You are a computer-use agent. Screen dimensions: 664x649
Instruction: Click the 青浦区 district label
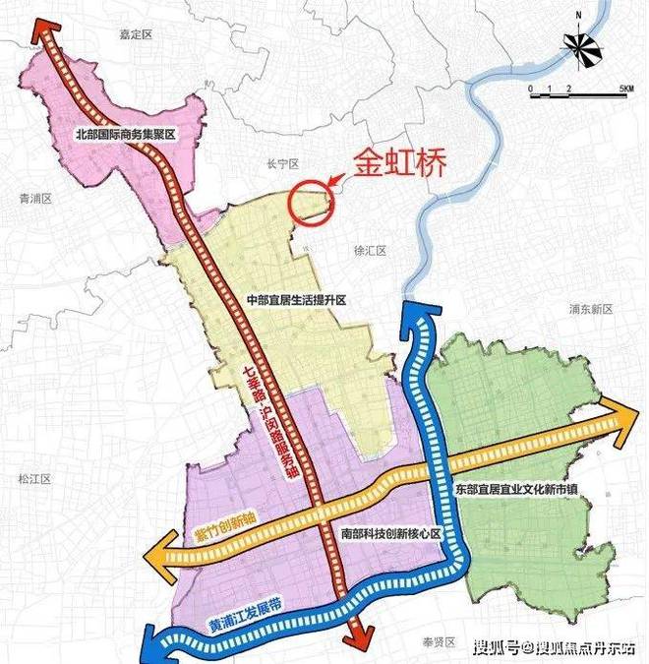click(x=34, y=198)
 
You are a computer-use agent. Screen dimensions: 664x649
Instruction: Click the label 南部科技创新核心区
click(x=387, y=532)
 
